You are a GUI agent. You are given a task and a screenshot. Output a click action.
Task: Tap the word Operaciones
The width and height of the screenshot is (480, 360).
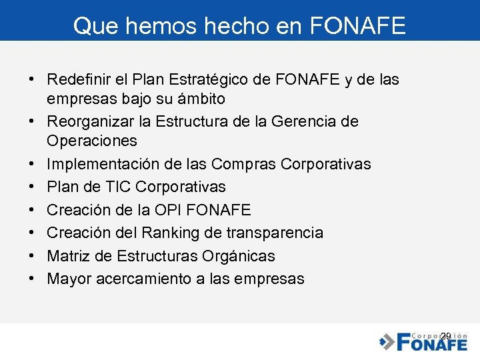(92, 141)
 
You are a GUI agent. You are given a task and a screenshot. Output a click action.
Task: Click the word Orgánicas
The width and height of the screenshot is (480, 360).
(239, 256)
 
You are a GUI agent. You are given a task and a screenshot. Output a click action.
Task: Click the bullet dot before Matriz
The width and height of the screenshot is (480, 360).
(32, 256)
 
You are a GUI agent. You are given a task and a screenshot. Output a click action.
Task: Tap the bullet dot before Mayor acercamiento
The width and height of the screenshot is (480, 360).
(32, 279)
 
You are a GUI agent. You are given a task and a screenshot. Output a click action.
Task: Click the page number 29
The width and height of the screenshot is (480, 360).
(446, 335)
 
